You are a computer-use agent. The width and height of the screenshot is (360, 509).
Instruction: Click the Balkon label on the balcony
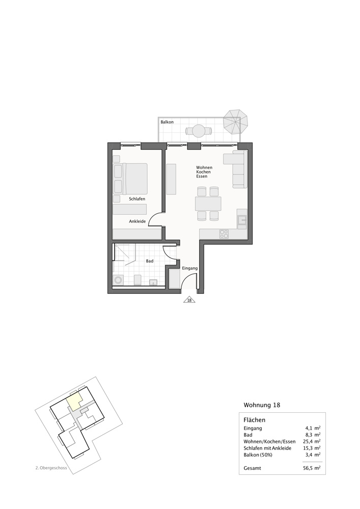[167, 123]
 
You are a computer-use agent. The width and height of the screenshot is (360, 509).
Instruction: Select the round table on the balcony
[197, 131]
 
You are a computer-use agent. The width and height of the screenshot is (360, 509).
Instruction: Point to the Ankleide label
[137, 221]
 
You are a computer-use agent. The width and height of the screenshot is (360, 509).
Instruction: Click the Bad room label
[150, 261]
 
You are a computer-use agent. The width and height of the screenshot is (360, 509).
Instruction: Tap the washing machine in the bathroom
[119, 279]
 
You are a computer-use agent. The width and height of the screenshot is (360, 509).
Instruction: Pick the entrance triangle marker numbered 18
[189, 300]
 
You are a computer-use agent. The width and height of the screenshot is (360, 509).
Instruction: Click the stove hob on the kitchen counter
[224, 234]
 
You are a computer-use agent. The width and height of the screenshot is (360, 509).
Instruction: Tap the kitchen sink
[242, 220]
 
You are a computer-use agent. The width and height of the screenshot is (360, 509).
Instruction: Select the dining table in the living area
[208, 204]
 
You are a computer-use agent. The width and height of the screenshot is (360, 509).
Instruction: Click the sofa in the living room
[239, 168]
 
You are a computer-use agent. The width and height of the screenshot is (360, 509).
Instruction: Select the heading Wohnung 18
[262, 405]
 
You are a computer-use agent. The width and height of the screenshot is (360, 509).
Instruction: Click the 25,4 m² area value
[311, 441]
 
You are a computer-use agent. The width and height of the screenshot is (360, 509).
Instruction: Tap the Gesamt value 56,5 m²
[311, 468]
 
